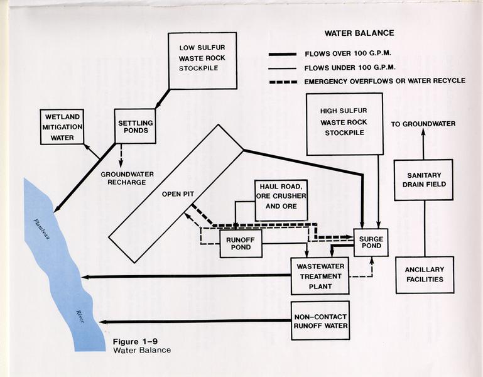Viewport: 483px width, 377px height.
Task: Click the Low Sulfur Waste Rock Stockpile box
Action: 202,60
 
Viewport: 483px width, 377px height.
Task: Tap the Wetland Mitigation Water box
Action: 62,127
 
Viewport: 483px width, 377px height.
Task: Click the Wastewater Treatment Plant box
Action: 320,275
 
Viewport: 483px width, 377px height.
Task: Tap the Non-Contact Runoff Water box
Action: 320,320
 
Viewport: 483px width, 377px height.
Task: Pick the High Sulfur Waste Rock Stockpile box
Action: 344,124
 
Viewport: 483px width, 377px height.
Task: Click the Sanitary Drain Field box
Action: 423,180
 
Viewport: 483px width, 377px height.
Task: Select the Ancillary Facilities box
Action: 425,275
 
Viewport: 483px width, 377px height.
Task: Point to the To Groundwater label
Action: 423,124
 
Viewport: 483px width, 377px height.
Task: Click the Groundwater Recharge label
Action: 123,177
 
